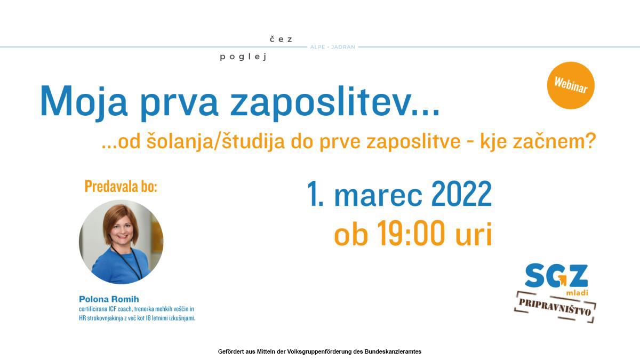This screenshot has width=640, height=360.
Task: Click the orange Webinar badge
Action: click(x=571, y=85)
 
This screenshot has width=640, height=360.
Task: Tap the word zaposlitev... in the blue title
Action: click(x=334, y=103)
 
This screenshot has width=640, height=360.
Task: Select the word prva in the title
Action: click(x=179, y=105)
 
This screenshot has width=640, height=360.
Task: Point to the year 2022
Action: click(x=461, y=194)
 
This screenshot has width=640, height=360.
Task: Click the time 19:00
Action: click(x=411, y=233)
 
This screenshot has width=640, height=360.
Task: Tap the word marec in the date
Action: click(x=378, y=197)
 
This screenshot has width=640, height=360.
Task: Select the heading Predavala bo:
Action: click(x=121, y=187)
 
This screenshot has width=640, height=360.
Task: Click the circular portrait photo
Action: click(x=121, y=242)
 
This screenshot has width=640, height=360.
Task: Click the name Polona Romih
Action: click(x=109, y=299)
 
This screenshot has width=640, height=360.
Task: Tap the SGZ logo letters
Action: click(x=556, y=275)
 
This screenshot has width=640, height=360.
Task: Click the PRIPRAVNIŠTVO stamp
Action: click(x=555, y=307)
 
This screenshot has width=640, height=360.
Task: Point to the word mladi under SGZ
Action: click(x=577, y=293)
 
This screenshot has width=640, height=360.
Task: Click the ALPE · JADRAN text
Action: click(x=333, y=47)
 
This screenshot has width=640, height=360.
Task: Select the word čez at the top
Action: click(x=281, y=39)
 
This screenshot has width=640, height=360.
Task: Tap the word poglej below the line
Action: click(x=243, y=57)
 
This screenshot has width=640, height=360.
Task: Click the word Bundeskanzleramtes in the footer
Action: click(x=393, y=351)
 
